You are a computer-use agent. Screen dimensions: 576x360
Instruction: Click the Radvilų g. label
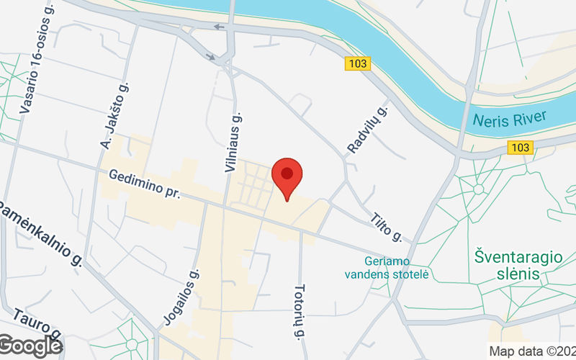pyautogui.click(x=367, y=130)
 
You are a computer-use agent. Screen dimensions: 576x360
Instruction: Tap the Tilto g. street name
pyautogui.click(x=386, y=227)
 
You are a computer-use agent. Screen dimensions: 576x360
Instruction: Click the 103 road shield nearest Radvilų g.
pyautogui.click(x=357, y=64)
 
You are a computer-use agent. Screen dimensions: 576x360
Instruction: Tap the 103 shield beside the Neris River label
pyautogui.click(x=519, y=148)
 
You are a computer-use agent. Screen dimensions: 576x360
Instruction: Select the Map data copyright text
pyautogui.click(x=531, y=352)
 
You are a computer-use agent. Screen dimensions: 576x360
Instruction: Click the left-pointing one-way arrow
pyautogui.click(x=219, y=27)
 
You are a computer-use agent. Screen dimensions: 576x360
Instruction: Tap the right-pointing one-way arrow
pyautogui.click(x=210, y=55)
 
